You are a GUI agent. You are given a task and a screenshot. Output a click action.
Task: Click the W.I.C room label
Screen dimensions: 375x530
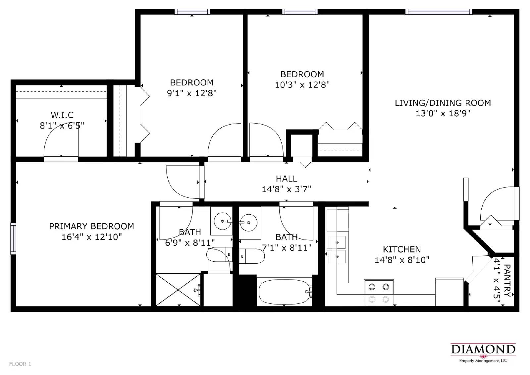(62, 115)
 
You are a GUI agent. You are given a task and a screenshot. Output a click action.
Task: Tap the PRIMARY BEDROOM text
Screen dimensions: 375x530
(91, 226)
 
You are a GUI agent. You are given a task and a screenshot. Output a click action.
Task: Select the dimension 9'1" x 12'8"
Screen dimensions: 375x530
(191, 93)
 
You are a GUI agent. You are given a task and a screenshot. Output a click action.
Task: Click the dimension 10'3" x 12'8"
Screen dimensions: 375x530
(302, 85)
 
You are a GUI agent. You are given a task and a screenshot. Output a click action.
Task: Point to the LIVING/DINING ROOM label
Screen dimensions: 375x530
(443, 103)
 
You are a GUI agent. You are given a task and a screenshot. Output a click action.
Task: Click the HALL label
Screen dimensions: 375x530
(287, 179)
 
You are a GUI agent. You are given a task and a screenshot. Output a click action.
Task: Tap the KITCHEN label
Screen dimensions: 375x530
(402, 249)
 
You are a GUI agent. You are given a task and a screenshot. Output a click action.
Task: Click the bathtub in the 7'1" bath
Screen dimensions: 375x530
(284, 292)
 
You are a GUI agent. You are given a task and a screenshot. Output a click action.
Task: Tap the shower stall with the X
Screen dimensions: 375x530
(178, 290)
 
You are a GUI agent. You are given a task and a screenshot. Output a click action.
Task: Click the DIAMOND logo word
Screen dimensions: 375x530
(483, 349)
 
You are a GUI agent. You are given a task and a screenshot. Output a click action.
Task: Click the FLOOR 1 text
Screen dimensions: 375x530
(20, 364)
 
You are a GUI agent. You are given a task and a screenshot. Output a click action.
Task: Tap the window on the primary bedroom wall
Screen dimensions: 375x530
(13, 239)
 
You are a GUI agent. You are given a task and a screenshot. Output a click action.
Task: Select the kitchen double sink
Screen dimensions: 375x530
(337, 249)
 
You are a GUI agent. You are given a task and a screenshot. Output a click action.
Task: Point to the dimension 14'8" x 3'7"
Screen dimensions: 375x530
(287, 189)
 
